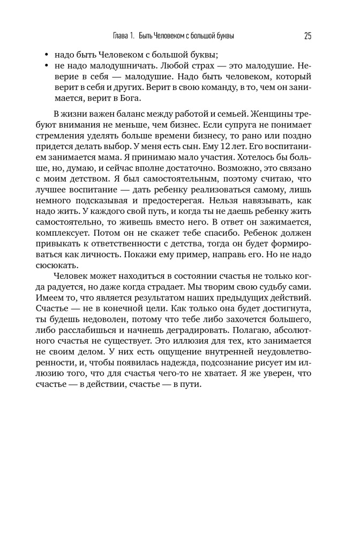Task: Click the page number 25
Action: (307, 36)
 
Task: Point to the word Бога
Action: (129, 98)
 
